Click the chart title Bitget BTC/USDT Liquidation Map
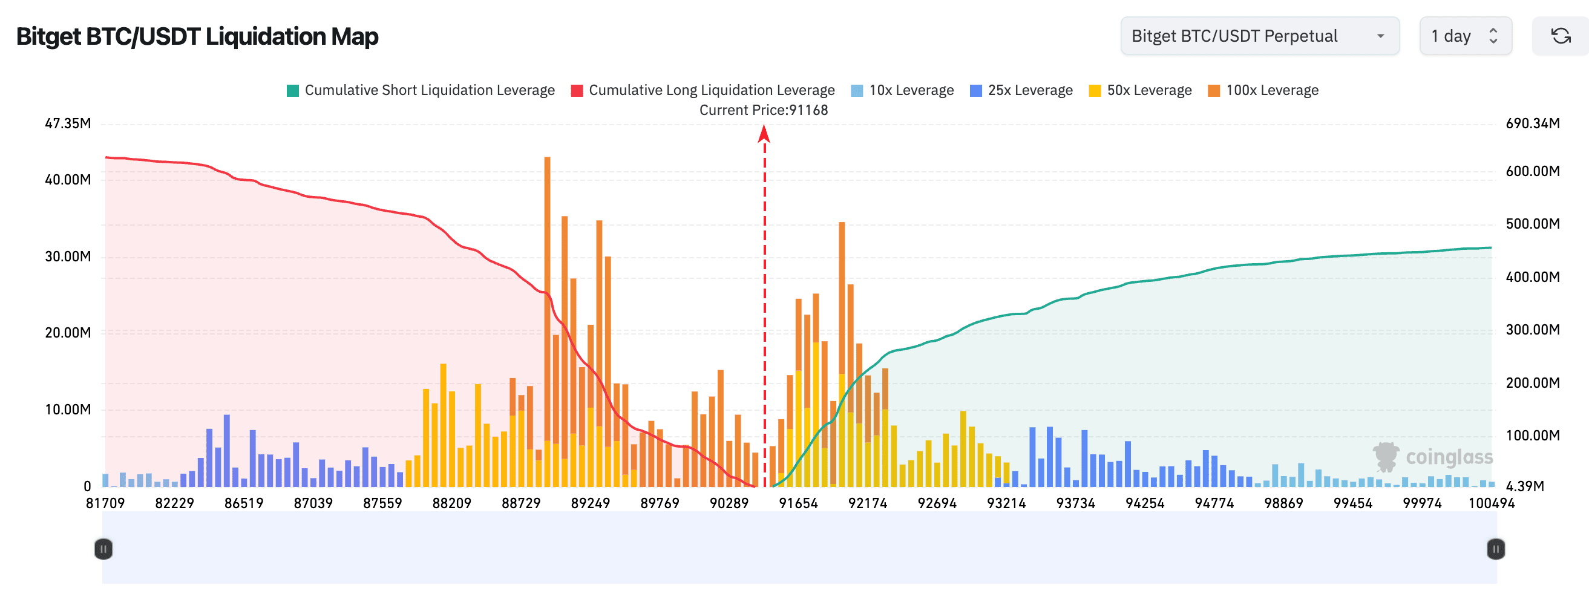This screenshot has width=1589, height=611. (197, 36)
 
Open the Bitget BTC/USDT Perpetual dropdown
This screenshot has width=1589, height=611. (1259, 36)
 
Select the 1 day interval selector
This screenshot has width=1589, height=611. (1464, 36)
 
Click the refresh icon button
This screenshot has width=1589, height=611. (1561, 36)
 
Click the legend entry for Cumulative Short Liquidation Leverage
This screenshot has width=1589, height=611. (421, 90)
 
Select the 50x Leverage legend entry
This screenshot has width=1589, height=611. (1140, 90)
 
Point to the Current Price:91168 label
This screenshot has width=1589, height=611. (763, 109)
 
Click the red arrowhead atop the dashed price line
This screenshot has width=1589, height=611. (764, 133)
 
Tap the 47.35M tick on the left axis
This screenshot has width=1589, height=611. (68, 123)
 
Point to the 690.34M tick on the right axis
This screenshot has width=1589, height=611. (1532, 123)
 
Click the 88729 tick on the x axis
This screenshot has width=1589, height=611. (520, 503)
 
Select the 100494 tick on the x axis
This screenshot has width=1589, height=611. (1491, 503)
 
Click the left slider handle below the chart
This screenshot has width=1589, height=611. (103, 548)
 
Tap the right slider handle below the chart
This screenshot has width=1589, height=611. (1495, 548)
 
